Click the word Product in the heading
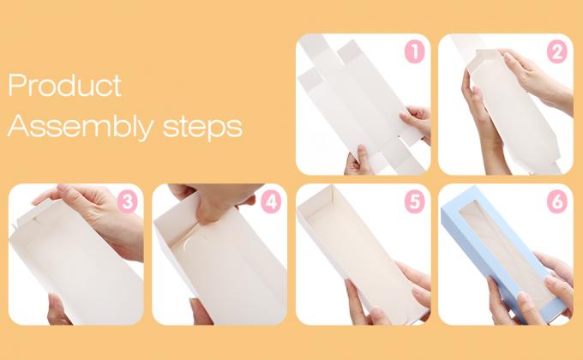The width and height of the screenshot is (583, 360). tap(64, 85)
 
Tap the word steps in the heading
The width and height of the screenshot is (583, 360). tap(202, 127)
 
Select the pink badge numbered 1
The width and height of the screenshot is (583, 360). tap(415, 51)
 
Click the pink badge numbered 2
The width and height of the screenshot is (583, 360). tap(557, 52)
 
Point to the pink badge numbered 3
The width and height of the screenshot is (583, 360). tap(127, 202)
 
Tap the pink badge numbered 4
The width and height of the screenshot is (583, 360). tap(271, 202)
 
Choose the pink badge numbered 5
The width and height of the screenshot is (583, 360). tap(415, 202)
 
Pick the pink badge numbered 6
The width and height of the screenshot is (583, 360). tap(557, 202)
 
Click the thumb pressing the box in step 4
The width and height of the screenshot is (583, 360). tap(207, 211)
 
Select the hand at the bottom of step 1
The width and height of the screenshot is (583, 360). tap(358, 160)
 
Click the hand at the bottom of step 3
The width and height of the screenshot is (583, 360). tap(57, 309)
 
